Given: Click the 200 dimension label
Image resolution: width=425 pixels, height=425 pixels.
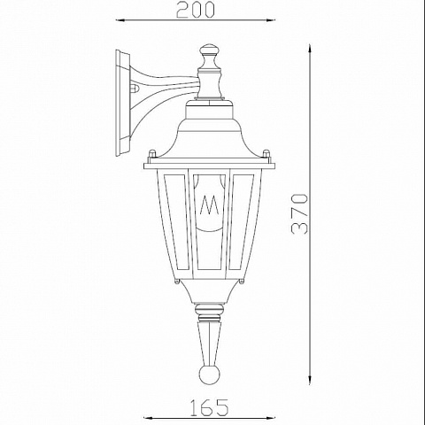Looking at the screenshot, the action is pyautogui.click(x=195, y=10).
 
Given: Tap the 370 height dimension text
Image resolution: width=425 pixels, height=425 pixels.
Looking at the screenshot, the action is pyautogui.click(x=299, y=214).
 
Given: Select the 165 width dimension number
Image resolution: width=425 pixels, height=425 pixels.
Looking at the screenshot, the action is pyautogui.click(x=209, y=407).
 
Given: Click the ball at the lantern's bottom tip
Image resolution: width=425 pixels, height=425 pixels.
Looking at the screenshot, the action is pyautogui.click(x=210, y=375).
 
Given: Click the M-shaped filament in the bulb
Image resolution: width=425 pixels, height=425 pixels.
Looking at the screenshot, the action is pyautogui.click(x=210, y=205).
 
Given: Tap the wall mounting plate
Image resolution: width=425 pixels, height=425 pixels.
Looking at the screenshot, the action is pyautogui.click(x=122, y=103).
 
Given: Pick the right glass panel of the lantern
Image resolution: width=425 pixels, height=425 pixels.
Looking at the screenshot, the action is pyautogui.click(x=242, y=222).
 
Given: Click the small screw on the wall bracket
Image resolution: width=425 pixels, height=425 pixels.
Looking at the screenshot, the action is pyautogui.click(x=135, y=88).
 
